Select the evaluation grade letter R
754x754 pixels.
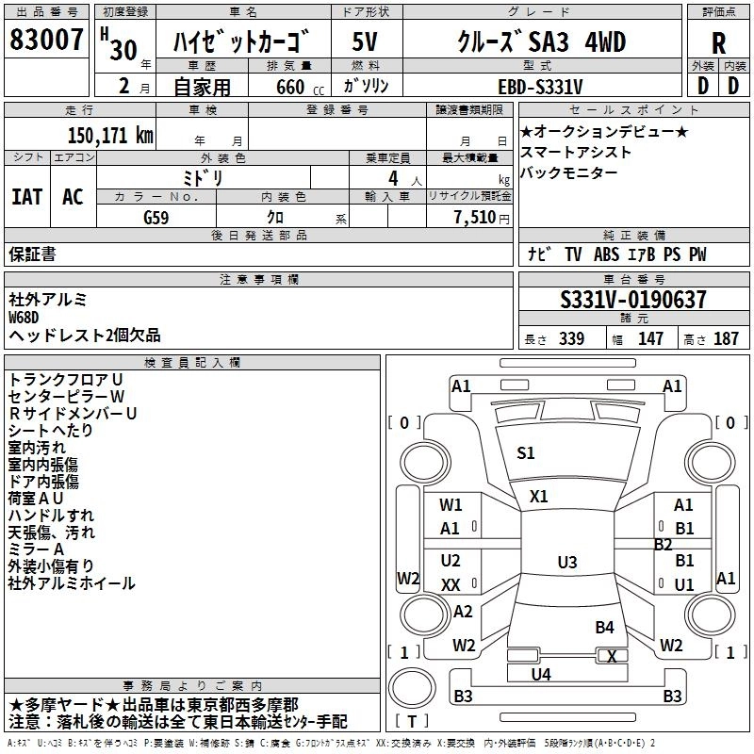(x=718, y=43)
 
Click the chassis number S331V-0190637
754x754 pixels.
(x=632, y=301)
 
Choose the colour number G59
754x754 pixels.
(x=156, y=217)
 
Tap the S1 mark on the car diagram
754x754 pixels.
(x=525, y=453)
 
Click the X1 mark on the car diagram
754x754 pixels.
(x=539, y=496)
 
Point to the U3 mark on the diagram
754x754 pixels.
(x=566, y=563)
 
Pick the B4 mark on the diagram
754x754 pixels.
(x=604, y=627)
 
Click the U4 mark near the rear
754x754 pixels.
(x=541, y=674)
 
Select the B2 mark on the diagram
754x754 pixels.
(x=664, y=545)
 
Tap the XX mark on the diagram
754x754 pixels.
(x=451, y=584)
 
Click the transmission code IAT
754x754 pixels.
(x=26, y=197)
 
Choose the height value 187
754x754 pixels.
(x=726, y=339)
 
